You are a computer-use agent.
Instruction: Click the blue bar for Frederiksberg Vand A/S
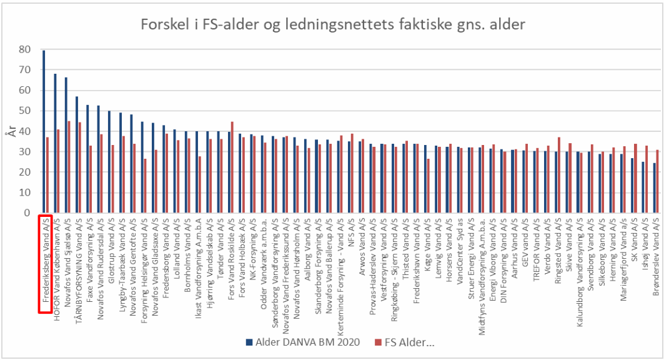[44, 131]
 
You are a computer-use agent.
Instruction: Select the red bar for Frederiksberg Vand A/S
[47, 175]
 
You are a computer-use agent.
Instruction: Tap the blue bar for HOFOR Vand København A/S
[55, 144]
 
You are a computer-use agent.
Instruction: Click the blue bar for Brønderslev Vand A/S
[654, 188]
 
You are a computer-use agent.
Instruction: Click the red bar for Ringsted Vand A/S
[559, 176]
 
